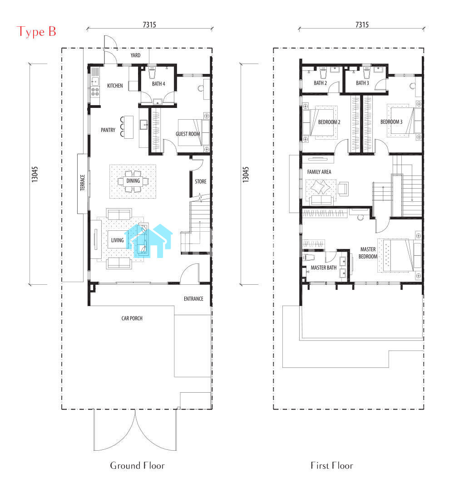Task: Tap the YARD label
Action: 135,55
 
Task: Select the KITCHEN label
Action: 115,86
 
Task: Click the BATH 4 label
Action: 158,83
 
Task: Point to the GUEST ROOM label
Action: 188,134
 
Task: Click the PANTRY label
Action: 108,130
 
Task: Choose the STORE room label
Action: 201,181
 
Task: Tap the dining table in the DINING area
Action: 133,181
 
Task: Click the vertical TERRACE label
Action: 83,183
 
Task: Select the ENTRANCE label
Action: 193,299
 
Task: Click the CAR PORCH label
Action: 132,318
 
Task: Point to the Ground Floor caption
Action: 137,465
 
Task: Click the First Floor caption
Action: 332,465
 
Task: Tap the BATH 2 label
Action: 321,83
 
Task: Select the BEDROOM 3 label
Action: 391,122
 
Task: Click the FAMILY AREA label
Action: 319,172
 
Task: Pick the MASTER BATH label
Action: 324,268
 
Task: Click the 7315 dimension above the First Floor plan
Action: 362,24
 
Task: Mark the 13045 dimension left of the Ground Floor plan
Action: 35,174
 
